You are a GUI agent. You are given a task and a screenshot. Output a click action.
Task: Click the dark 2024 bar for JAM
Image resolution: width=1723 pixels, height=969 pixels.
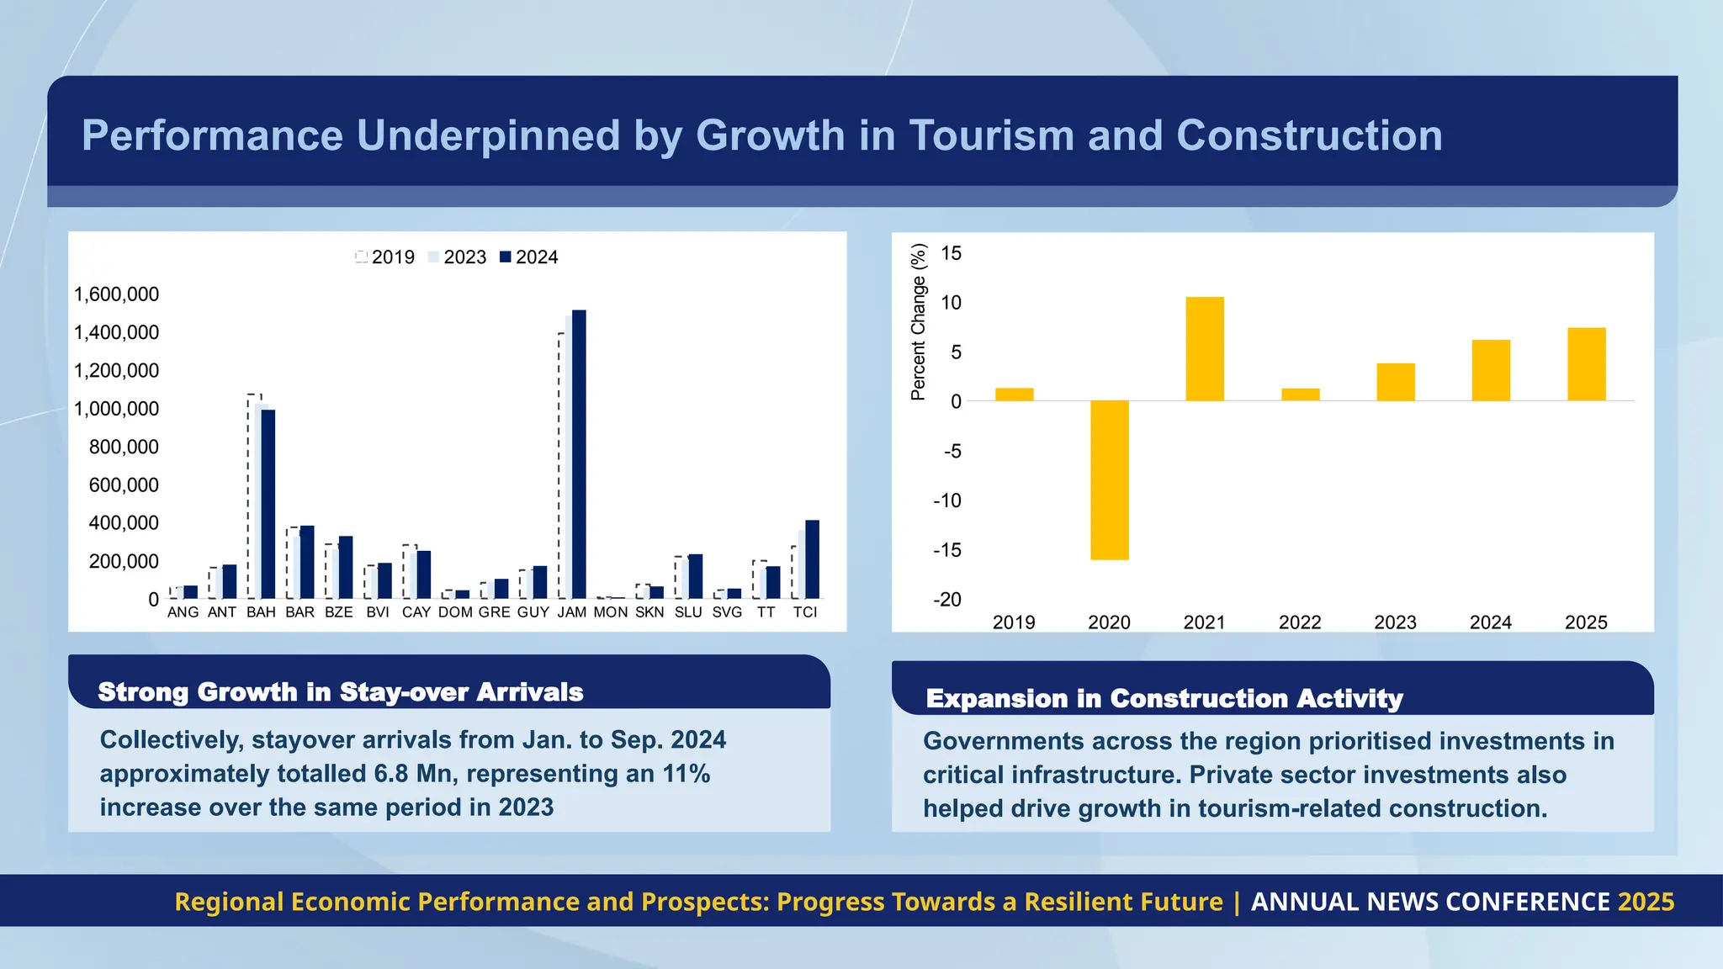(x=579, y=454)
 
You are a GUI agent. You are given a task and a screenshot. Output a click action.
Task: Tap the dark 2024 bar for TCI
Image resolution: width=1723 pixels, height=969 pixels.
(x=812, y=559)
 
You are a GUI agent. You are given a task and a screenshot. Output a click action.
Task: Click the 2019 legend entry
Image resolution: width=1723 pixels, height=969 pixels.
(x=385, y=257)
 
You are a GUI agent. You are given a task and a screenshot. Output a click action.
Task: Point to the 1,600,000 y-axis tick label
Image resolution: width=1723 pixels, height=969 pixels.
(x=116, y=294)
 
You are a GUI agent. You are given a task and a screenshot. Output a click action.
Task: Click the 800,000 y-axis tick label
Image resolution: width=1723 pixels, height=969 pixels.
(x=124, y=447)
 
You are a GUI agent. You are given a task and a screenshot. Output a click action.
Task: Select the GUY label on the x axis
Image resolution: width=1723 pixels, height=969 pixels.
(x=533, y=612)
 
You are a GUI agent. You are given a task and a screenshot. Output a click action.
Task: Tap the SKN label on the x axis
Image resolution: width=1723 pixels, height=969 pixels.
(x=649, y=612)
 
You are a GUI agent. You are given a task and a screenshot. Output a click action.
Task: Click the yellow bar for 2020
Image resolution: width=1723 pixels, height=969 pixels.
(x=1109, y=479)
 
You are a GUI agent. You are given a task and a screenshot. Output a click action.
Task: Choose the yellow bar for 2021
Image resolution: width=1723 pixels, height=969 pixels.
(x=1204, y=348)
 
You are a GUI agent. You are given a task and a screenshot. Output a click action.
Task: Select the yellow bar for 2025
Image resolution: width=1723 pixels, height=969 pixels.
(x=1586, y=363)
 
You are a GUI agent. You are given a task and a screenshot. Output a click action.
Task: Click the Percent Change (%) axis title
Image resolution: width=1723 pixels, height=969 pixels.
(x=918, y=321)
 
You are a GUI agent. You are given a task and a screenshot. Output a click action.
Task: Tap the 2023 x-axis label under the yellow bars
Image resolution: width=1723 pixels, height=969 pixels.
(x=1395, y=622)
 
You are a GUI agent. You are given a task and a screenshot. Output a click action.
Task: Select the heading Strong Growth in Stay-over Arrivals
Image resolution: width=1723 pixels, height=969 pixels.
(x=341, y=692)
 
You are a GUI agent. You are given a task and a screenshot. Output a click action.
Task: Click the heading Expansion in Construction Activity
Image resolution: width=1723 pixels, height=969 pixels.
(x=1164, y=699)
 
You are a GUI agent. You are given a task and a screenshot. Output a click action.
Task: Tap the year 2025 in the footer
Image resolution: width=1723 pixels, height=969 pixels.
(x=1646, y=902)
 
